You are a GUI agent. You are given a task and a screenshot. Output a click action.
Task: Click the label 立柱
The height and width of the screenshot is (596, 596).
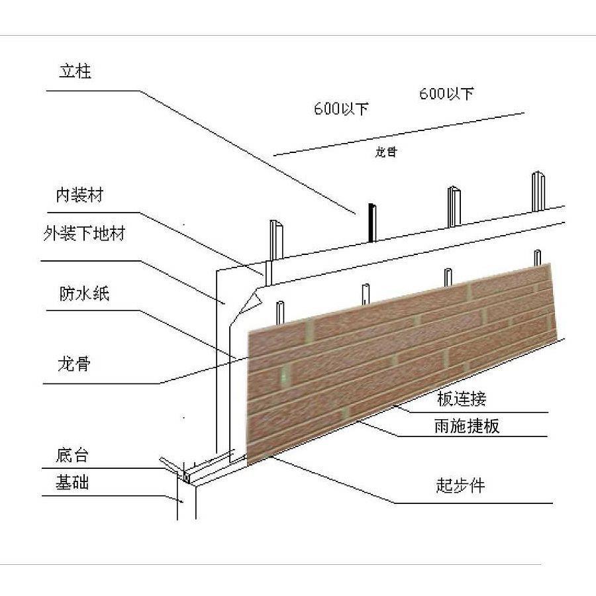coord(75,72)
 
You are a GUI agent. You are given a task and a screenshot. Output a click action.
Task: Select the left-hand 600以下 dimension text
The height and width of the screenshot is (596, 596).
coord(341,109)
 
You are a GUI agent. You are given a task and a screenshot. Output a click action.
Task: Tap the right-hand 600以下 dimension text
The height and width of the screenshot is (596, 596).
coord(446,94)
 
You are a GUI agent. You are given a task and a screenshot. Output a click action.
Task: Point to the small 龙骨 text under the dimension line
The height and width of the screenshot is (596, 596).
coord(386,152)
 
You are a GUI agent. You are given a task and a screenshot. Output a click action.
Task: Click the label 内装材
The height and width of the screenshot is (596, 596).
coord(80,195)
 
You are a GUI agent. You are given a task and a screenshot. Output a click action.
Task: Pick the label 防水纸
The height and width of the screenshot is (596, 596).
coord(83,294)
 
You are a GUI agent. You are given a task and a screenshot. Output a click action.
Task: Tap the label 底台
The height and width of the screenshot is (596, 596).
coord(72,456)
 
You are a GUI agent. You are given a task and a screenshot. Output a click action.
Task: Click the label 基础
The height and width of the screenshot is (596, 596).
coord(72,483)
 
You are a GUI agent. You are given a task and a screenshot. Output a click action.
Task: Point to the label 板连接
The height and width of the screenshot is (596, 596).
coord(462,399)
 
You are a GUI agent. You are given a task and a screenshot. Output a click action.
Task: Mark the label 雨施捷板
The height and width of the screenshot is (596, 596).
coord(466,426)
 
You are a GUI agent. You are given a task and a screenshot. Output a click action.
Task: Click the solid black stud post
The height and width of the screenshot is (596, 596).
coord(372,223)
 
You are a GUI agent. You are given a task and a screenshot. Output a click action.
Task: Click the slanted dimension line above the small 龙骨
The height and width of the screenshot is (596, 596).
coord(397,134)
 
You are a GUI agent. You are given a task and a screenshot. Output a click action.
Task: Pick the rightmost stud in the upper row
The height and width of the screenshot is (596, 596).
coord(536,191)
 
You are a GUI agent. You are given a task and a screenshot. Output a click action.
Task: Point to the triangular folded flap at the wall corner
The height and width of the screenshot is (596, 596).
coord(249,301)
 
